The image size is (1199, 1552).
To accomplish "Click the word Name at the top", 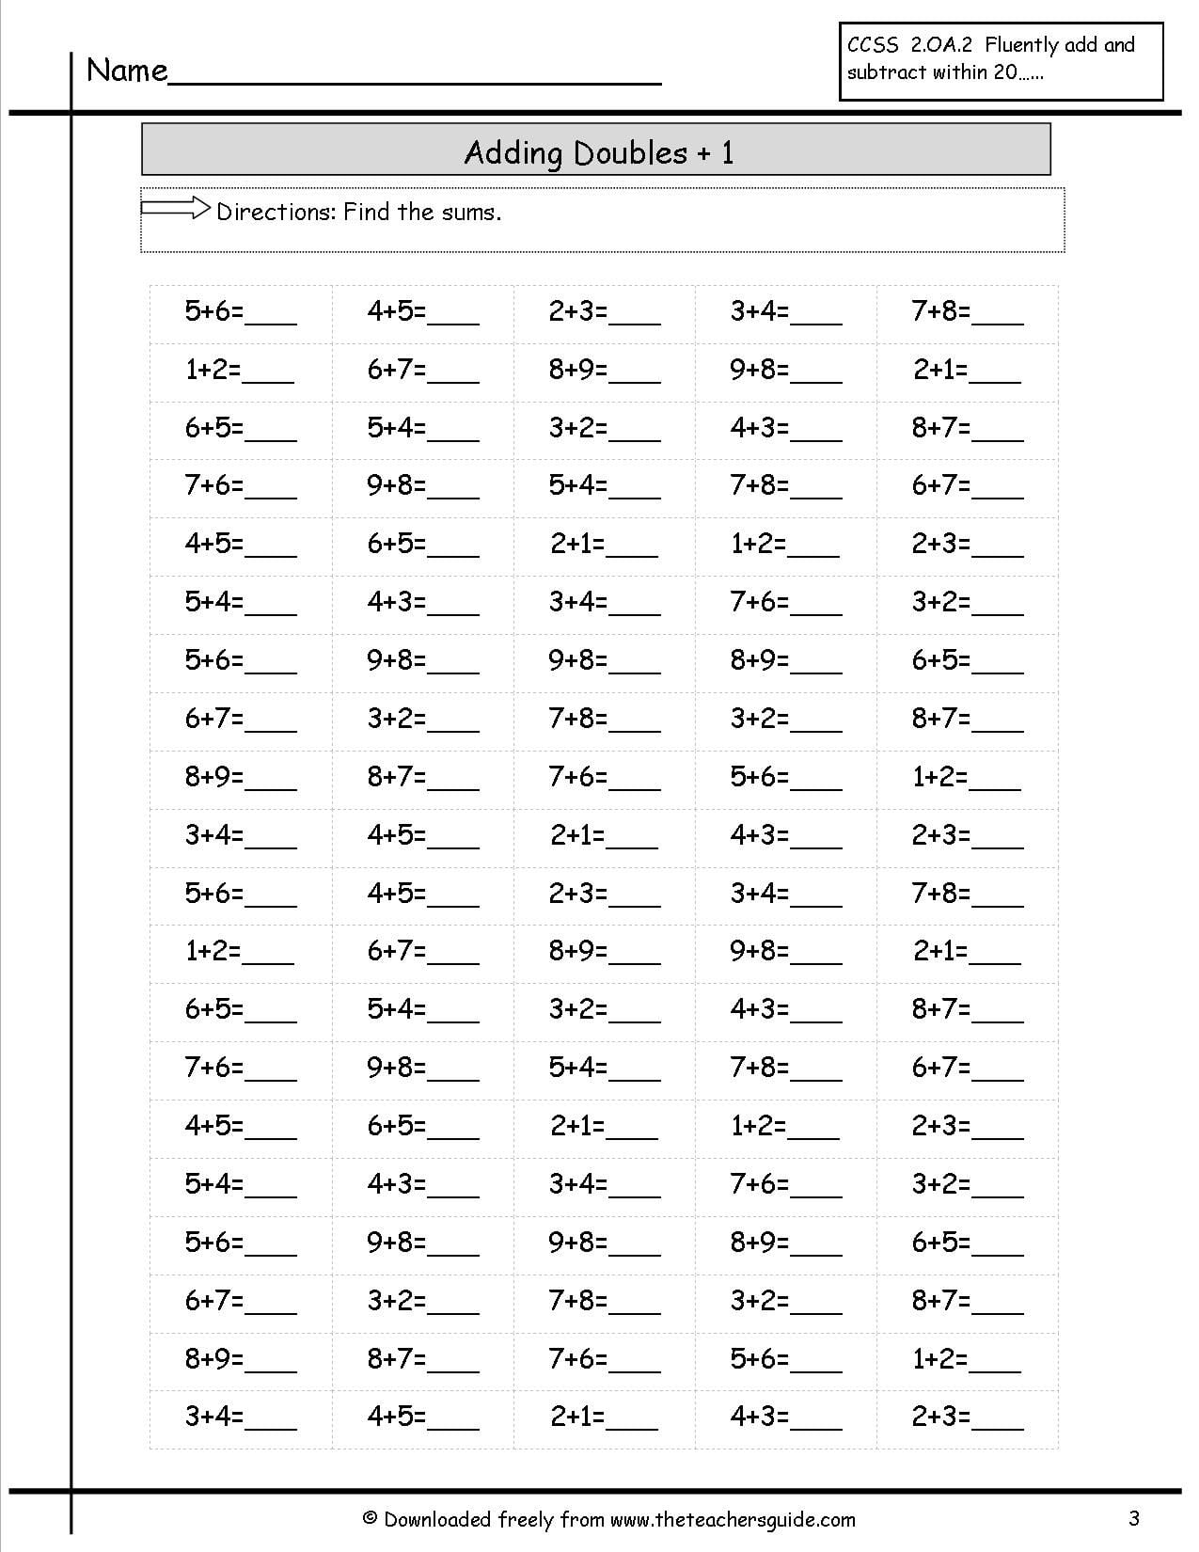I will (x=127, y=71).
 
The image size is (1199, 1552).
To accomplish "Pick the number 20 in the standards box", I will (x=1003, y=72).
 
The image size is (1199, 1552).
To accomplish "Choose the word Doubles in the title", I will (x=629, y=152).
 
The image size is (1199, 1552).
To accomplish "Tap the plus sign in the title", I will (x=703, y=153).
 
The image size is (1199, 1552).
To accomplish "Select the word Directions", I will (x=276, y=212).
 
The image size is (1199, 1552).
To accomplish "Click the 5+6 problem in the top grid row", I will (x=213, y=311).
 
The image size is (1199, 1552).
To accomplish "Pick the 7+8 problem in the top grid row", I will (x=940, y=311).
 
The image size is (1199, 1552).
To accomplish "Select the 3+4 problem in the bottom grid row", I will (x=213, y=1417).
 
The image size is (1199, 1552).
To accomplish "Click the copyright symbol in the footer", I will (x=370, y=1519).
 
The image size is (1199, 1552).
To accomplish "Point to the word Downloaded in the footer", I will (x=438, y=1519).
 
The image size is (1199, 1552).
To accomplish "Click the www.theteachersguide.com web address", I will (x=733, y=1519).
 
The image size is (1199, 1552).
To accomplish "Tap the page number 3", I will (x=1134, y=1517).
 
